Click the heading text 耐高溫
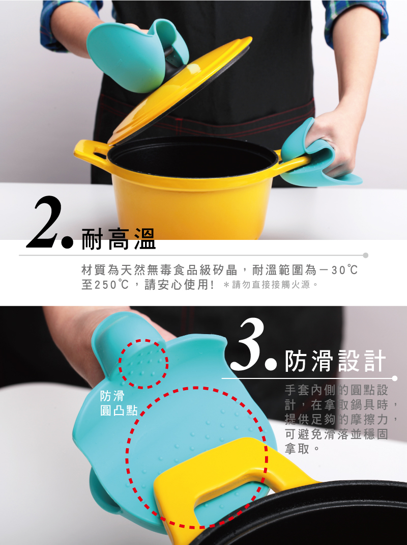pyautogui.click(x=119, y=239)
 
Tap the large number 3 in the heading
pyautogui.click(x=247, y=344)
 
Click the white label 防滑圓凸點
pyautogui.click(x=119, y=403)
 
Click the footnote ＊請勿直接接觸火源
pyautogui.click(x=270, y=285)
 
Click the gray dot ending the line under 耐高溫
pyautogui.click(x=365, y=256)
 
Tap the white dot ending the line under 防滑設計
pyautogui.click(x=394, y=378)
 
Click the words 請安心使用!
pyautogui.click(x=179, y=285)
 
